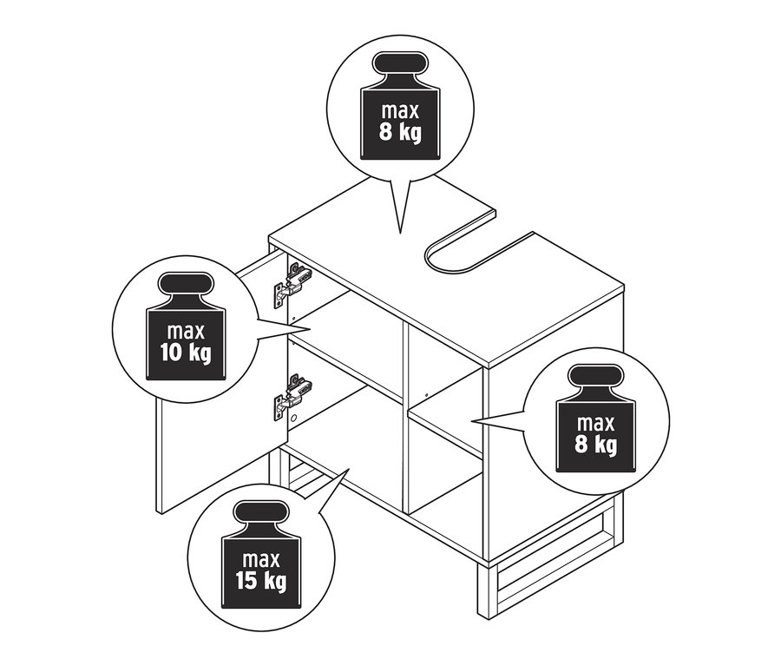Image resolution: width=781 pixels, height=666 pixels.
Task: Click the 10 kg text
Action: click(186, 353)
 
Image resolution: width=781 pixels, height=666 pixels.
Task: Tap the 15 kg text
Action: click(261, 581)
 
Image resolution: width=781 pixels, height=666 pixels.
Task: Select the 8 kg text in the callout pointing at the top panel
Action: click(400, 132)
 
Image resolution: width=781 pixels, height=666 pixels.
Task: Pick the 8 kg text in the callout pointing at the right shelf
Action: click(595, 445)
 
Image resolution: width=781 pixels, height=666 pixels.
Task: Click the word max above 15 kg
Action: click(261, 560)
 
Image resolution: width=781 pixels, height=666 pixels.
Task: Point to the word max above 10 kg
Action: click(186, 332)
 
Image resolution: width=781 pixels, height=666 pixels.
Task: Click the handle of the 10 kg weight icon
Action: click(186, 283)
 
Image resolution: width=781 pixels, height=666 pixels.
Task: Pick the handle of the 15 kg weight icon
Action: click(261, 512)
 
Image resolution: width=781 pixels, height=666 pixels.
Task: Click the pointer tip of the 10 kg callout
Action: click(311, 329)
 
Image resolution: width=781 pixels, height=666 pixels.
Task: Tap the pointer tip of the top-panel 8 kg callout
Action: click(400, 234)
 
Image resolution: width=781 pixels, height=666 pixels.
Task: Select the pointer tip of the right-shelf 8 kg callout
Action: click(471, 421)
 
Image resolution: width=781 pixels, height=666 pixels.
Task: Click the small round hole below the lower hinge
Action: click(294, 417)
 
